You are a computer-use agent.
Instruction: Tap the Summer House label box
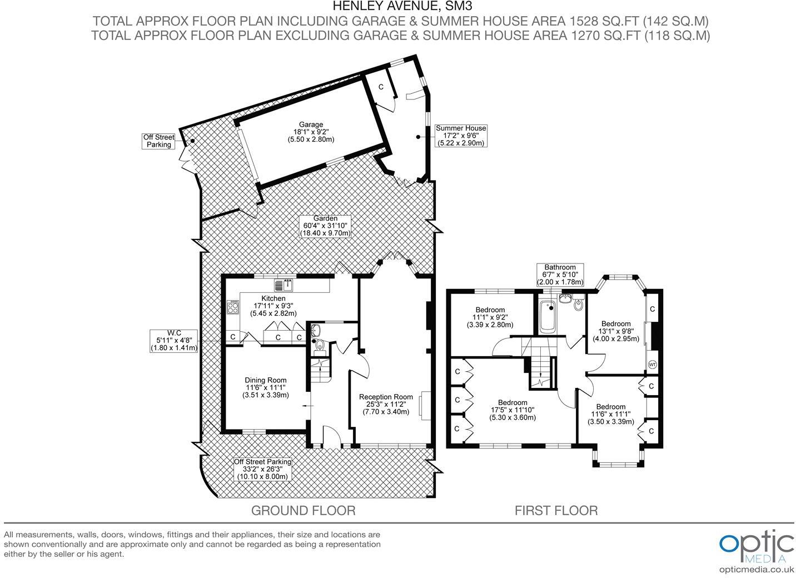pos(461,135)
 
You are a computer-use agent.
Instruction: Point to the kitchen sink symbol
pos(284,286)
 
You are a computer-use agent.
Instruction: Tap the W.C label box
pos(174,340)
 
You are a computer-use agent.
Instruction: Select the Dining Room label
pos(266,387)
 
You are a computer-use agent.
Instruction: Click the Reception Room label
pos(386,404)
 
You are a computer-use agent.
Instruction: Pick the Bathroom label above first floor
pos(560,275)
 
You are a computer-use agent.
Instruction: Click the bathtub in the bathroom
pos(548,317)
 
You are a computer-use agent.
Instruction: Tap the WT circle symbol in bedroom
pos(652,365)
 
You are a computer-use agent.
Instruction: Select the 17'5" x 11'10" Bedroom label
pos(513,410)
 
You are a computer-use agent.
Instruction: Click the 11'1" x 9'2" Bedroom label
pos(490,317)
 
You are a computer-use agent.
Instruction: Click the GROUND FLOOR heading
pos(303,510)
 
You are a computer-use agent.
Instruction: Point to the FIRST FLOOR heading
pos(556,510)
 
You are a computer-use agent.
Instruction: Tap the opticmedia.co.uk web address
pos(757,569)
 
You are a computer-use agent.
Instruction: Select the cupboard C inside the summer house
pos(381,87)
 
